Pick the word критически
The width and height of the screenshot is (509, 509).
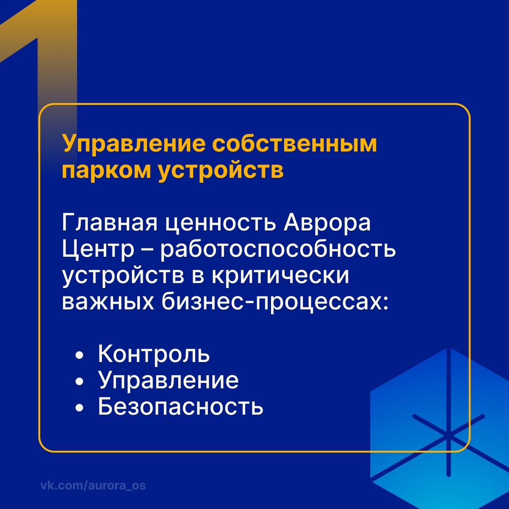[x=279, y=276]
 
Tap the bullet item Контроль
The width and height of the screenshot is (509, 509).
[x=154, y=354]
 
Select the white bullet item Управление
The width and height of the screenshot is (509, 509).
[x=168, y=381]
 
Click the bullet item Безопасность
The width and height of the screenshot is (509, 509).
[x=181, y=406]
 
